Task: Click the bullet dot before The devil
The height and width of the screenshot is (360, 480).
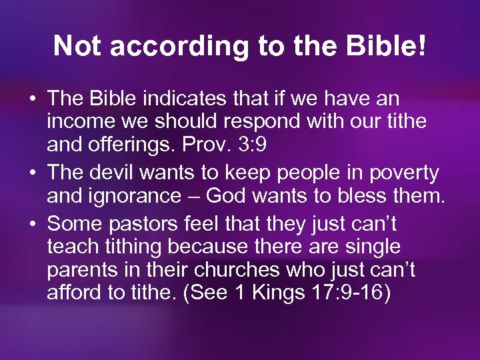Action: [32, 173]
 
